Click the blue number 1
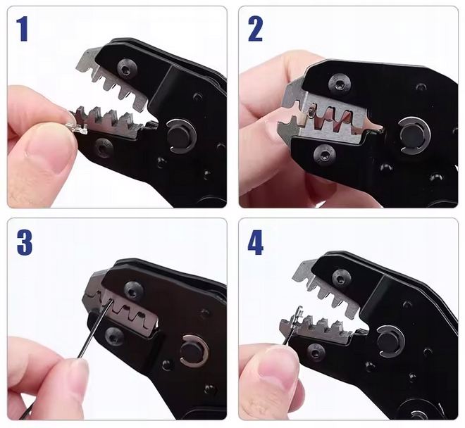point(23,29)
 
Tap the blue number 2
point(255,29)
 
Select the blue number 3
point(25,242)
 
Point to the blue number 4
point(255,242)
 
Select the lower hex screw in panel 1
point(103,146)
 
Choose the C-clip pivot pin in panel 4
point(391,341)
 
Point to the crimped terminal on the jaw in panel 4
point(294,320)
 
